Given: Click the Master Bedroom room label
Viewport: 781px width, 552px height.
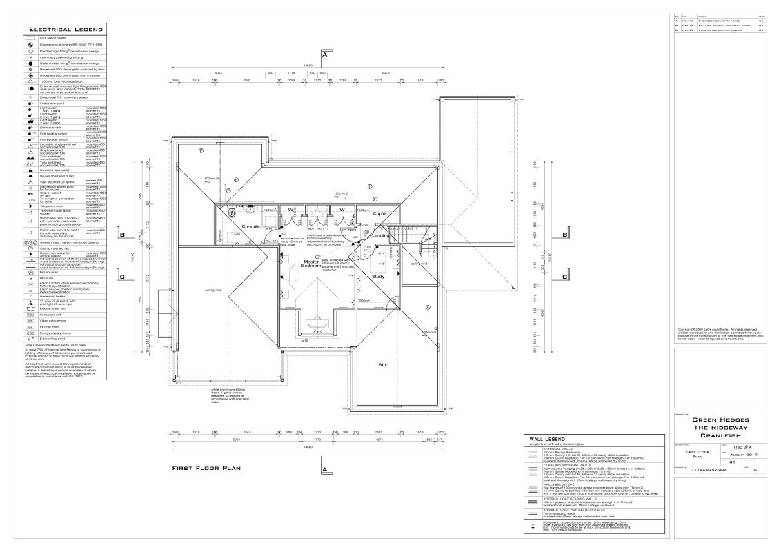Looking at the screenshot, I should tap(306, 264).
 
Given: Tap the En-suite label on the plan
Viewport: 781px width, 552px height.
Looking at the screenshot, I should tap(250, 226).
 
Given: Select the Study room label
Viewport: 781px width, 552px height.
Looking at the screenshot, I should tap(377, 277).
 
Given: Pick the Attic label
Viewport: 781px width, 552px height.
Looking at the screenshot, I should tap(384, 364).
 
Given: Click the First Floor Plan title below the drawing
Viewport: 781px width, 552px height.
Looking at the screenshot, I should tap(206, 468).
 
